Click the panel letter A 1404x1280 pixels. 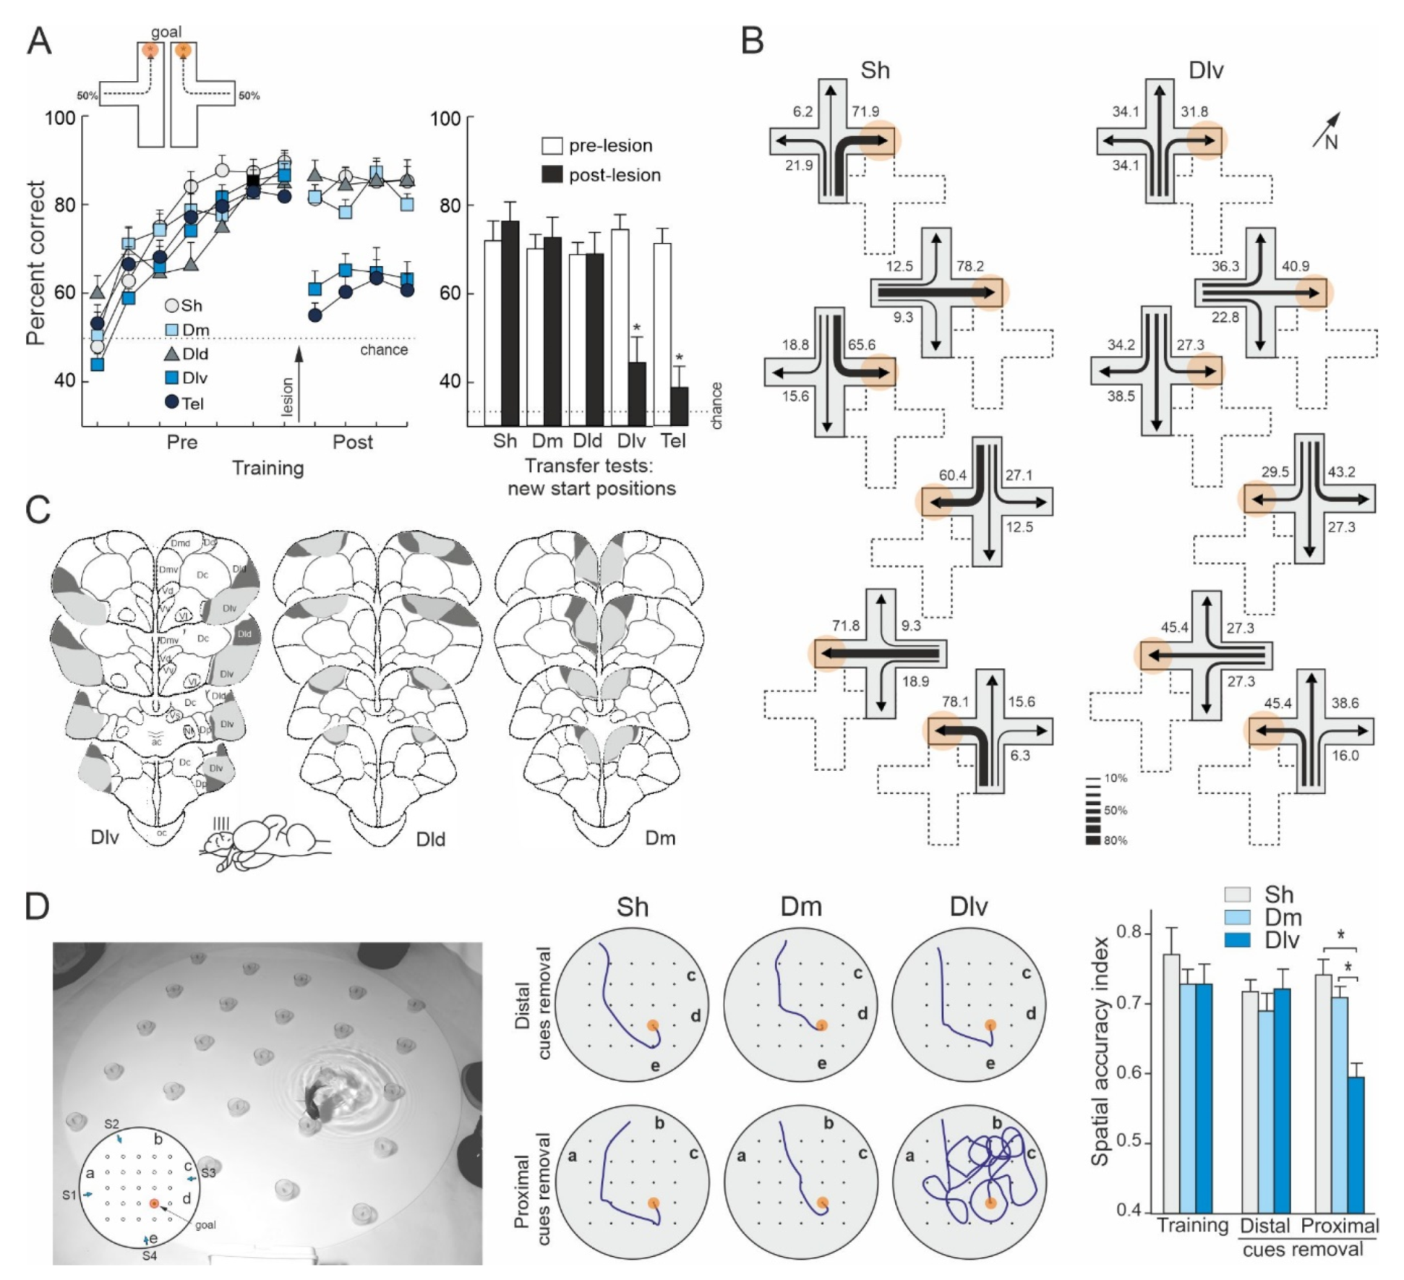pyautogui.click(x=39, y=41)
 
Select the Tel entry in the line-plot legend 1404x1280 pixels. pyautogui.click(x=192, y=403)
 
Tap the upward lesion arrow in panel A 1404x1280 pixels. pyautogui.click(x=299, y=383)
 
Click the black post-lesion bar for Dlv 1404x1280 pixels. pyautogui.click(x=637, y=393)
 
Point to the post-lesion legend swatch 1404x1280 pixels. pyautogui.click(x=552, y=175)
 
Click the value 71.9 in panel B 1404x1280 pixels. pyautogui.click(x=865, y=112)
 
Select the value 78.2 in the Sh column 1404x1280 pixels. pyautogui.click(x=969, y=267)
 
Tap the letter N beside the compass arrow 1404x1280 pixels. pyautogui.click(x=1331, y=142)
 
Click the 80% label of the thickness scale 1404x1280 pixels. pyautogui.click(x=1115, y=840)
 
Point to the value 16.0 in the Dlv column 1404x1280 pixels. pyautogui.click(x=1345, y=756)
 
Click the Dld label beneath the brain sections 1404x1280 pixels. pyautogui.click(x=431, y=840)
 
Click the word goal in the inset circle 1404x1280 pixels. pyautogui.click(x=205, y=1225)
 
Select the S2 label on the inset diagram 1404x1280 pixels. pyautogui.click(x=111, y=1125)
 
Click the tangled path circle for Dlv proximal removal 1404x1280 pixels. pyautogui.click(x=969, y=1182)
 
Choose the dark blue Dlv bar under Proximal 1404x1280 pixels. pyautogui.click(x=1356, y=1145)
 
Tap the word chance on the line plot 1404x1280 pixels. pyautogui.click(x=384, y=350)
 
